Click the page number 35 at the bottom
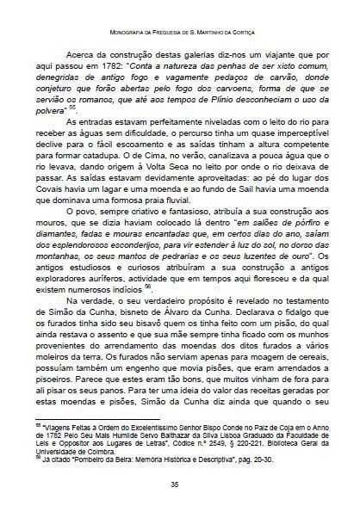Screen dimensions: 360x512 click(x=180, y=484)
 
